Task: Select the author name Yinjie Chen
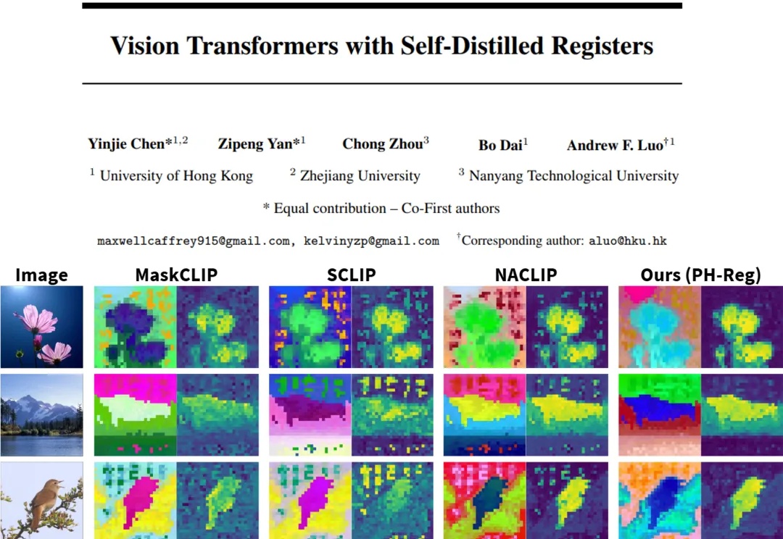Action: pos(127,144)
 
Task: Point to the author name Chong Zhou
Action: pos(382,144)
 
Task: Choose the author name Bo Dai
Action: pos(500,145)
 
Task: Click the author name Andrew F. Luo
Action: pos(615,145)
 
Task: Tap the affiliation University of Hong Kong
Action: pos(176,176)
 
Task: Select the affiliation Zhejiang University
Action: pos(360,176)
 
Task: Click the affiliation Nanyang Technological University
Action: pos(573,176)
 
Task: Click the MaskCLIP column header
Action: pos(176,275)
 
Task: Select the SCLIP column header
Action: pos(351,275)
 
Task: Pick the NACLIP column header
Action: pos(526,275)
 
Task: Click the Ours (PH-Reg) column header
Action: pos(700,275)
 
